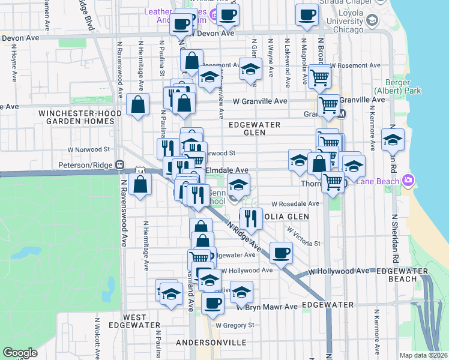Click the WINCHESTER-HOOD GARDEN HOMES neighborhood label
(x=76, y=117)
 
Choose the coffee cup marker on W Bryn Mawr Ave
(x=212, y=303)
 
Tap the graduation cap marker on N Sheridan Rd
(x=393, y=140)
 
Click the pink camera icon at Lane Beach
(x=409, y=180)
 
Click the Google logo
(x=20, y=353)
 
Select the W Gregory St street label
(x=235, y=325)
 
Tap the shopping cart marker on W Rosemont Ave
(x=321, y=76)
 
